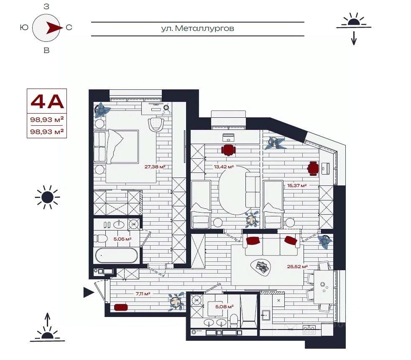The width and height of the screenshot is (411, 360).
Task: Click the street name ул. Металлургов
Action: [x=197, y=28]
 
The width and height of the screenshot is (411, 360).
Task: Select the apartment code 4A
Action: [x=47, y=101]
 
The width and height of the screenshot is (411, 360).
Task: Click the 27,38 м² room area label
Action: [x=155, y=167]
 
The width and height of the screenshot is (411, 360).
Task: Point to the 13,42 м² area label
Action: [x=224, y=167]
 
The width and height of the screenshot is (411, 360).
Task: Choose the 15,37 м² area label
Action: [x=297, y=185]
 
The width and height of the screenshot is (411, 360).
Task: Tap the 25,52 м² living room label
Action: [x=297, y=266]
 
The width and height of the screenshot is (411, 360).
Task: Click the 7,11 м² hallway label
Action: [x=143, y=294]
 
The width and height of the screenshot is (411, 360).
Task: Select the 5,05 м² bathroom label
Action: [x=123, y=239]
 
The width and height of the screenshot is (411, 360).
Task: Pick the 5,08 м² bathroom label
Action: [x=225, y=306]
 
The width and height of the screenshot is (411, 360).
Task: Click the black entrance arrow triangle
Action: [x=89, y=292]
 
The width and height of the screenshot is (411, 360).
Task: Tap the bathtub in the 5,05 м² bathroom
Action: [x=116, y=255]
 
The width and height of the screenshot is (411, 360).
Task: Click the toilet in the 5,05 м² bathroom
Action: [x=101, y=238]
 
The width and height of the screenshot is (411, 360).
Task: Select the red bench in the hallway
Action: [x=121, y=307]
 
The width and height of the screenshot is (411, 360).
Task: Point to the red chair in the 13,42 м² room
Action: [x=229, y=150]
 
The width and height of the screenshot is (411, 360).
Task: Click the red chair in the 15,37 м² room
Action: [x=314, y=169]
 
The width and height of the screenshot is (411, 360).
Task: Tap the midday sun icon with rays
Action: [x=47, y=197]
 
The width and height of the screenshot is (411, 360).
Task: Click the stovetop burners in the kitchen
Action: [x=309, y=330]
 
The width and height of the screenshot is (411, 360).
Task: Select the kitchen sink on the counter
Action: [x=266, y=315]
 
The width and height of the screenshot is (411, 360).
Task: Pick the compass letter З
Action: [x=46, y=7]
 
